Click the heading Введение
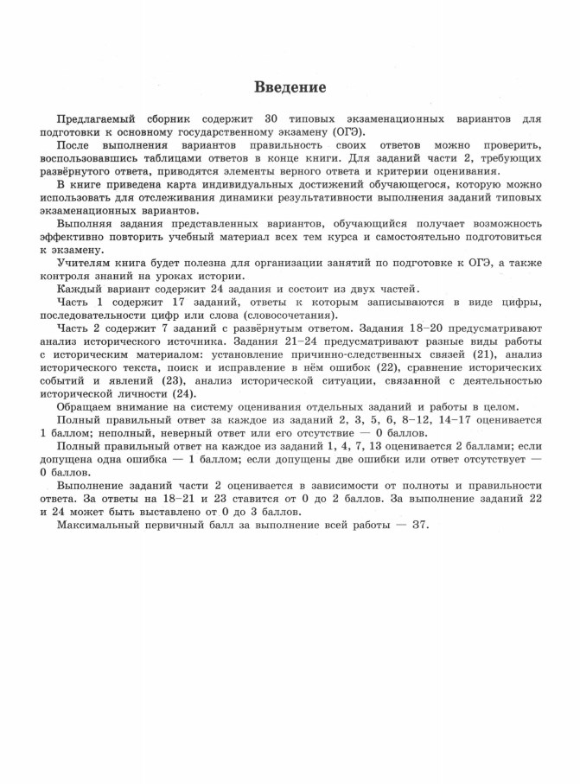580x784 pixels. point(290,88)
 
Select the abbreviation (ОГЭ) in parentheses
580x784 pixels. point(345,132)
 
